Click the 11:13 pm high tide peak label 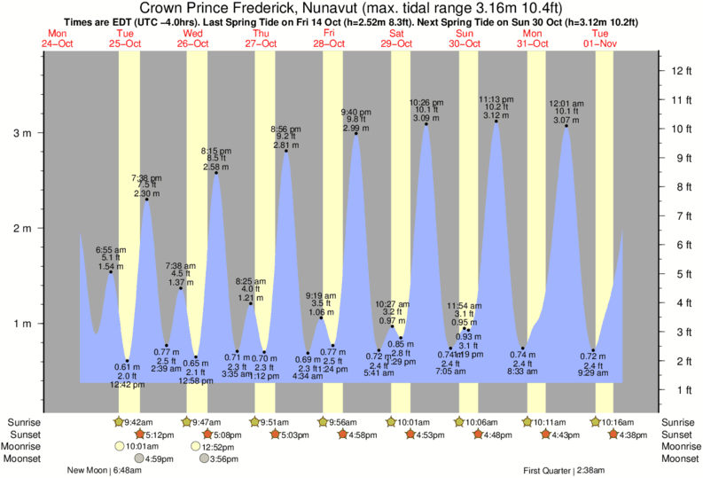tap(496, 99)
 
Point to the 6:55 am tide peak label tap(111, 250)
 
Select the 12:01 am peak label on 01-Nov tap(566, 104)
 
